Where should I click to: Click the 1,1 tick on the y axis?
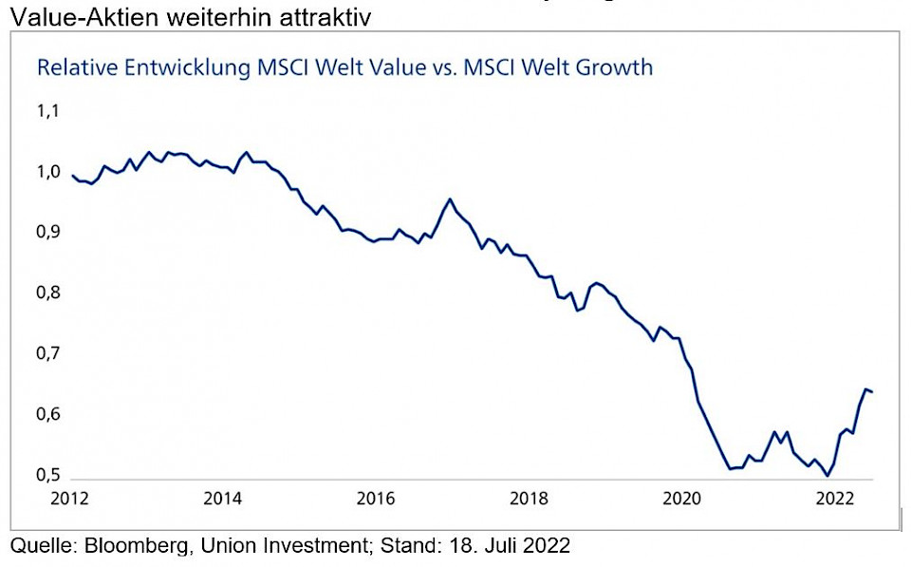click(46, 112)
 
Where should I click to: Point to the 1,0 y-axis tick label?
click(46, 173)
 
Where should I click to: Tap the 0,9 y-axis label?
click(46, 233)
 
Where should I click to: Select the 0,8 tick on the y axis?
click(46, 293)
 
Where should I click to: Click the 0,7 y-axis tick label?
click(46, 354)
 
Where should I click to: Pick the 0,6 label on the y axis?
click(46, 415)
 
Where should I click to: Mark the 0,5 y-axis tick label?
click(46, 475)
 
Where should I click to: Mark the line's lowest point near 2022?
click(827, 476)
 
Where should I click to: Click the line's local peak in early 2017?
click(449, 199)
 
